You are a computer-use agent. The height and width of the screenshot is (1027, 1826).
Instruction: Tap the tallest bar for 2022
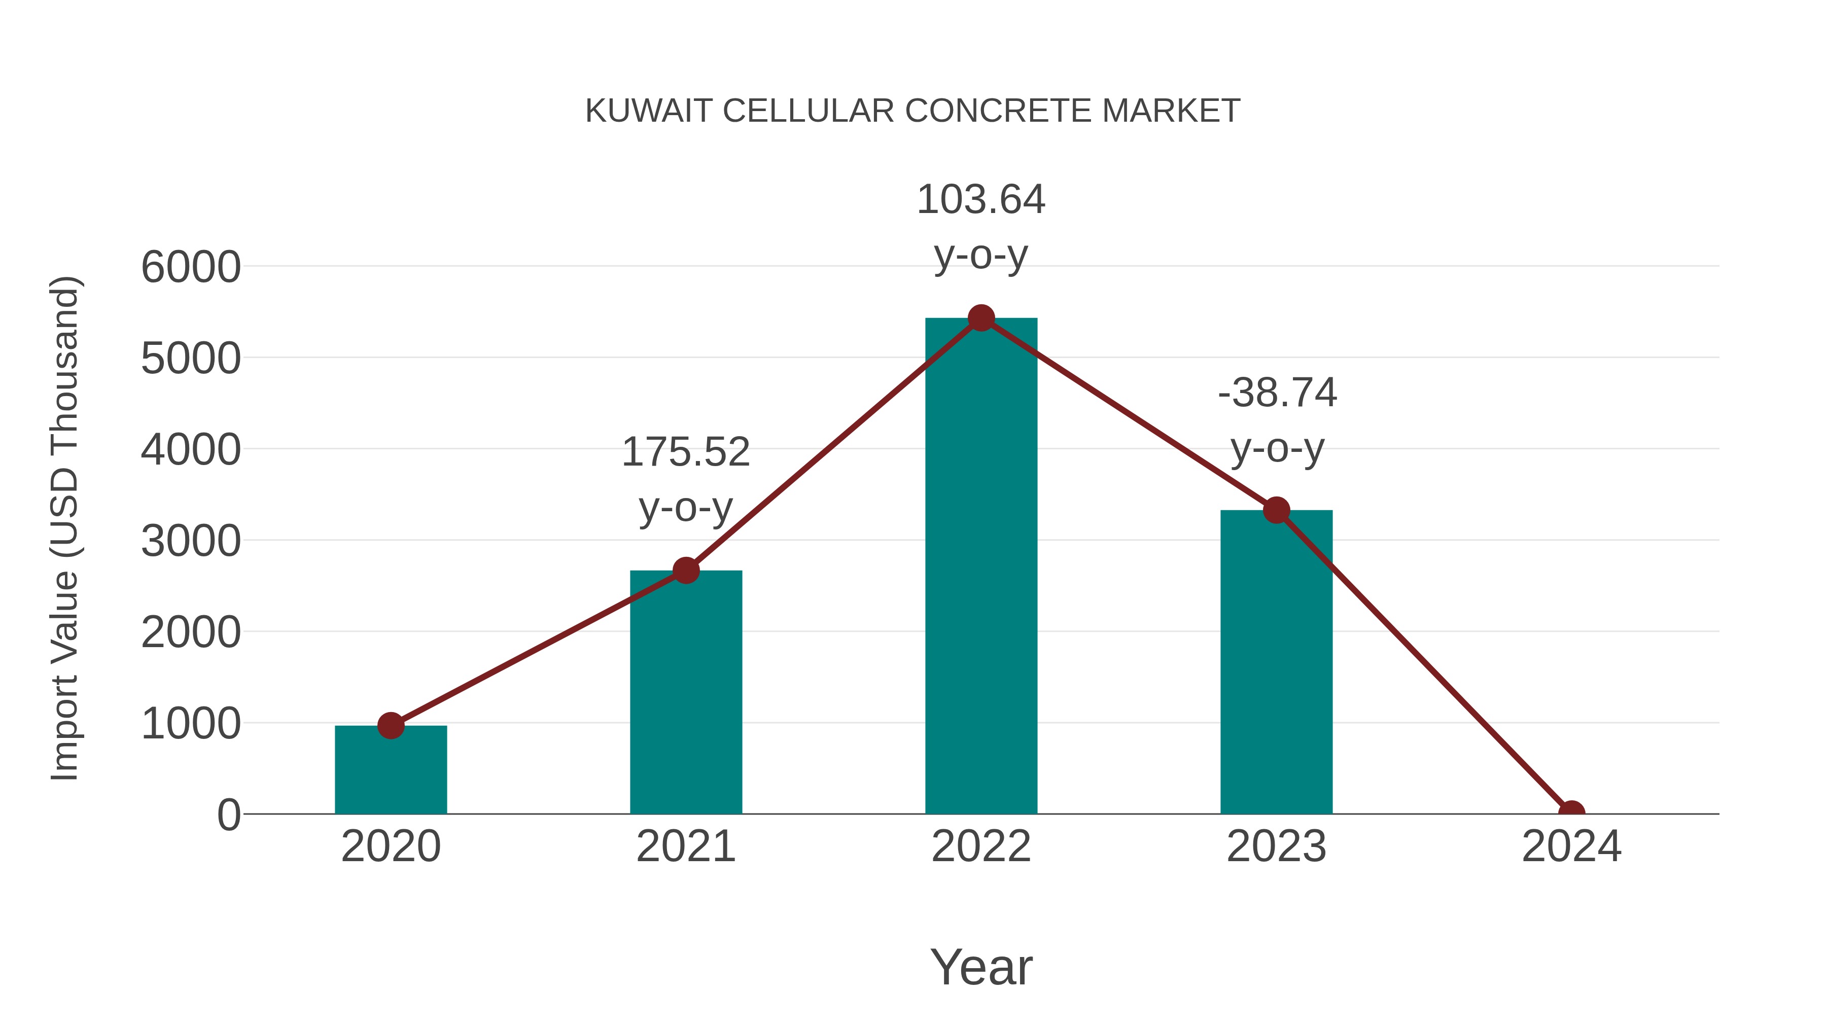pos(981,567)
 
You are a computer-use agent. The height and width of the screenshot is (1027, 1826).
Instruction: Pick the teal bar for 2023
pos(1276,663)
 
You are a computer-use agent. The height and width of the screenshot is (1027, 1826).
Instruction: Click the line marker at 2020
pos(391,726)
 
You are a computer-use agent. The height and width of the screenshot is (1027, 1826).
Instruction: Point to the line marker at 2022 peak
pos(981,318)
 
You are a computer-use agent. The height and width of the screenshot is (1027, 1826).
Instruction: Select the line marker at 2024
pos(1571,812)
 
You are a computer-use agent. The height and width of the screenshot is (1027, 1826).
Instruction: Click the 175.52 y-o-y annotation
pos(685,479)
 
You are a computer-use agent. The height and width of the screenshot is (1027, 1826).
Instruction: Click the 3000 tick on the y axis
pos(191,542)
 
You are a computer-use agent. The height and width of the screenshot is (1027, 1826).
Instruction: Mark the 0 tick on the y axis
pos(229,815)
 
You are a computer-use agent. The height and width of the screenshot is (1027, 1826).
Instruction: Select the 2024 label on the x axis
pos(1571,846)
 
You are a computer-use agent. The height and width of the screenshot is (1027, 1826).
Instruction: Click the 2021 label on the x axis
pos(685,846)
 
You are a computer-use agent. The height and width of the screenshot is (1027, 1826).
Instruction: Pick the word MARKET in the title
pos(1171,111)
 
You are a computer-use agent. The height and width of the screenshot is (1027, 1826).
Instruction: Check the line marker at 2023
pos(1277,510)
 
